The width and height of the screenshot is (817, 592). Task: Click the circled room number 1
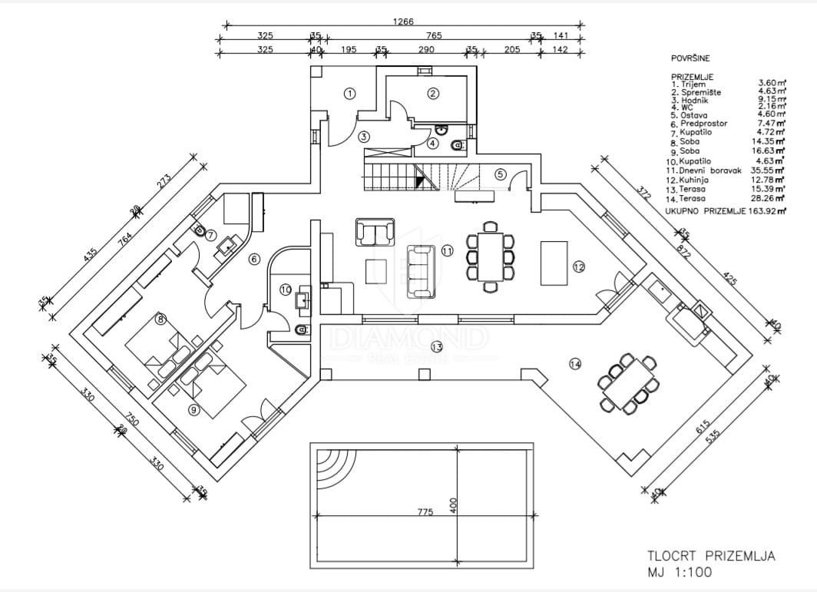(x=349, y=94)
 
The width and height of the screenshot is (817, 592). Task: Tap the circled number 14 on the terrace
(x=575, y=365)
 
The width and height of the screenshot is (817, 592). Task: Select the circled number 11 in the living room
(x=447, y=250)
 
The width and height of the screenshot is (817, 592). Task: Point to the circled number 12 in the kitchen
(x=578, y=266)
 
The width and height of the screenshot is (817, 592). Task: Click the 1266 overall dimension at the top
(x=403, y=22)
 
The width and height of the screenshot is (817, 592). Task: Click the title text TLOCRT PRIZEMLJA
(x=710, y=557)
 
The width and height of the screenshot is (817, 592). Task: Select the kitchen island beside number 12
(x=553, y=262)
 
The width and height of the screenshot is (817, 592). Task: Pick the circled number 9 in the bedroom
(x=193, y=410)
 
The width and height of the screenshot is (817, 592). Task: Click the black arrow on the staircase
(x=419, y=181)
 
